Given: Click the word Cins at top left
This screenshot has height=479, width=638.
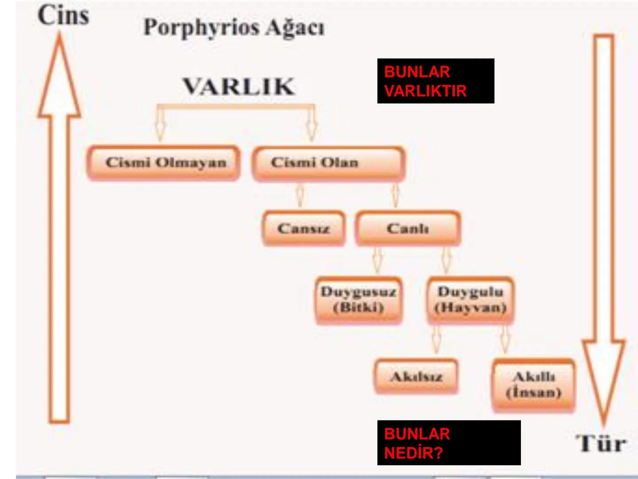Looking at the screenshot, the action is pos(63,16).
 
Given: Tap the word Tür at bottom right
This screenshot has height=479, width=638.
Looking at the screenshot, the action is pos(601,443).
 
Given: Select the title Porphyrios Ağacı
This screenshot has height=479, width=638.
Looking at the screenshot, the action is pos(234,27).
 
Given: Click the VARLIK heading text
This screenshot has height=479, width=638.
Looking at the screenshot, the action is pos(239,86).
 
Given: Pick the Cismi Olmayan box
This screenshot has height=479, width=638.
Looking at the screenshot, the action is pos(164,162).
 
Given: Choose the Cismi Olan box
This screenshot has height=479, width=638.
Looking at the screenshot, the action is pos(328,163).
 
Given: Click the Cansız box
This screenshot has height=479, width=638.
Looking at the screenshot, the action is pos(303,228).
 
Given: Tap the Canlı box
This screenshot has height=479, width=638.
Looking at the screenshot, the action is pos(408,228).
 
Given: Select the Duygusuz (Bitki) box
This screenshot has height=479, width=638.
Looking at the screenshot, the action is pos(358,299).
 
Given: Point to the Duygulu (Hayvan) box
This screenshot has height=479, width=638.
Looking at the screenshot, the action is pos(470,299).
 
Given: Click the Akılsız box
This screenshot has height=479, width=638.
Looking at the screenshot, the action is pos(416,377).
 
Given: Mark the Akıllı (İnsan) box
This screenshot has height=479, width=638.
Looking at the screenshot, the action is pos(533,385).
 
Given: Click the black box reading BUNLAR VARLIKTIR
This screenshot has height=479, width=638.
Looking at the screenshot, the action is pos(436,81).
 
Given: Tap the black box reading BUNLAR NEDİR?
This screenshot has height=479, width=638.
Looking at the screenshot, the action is pos(449,443).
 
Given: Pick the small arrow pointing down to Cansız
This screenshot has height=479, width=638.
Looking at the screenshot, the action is pos(300,195).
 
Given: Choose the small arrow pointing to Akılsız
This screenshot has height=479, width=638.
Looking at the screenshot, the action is pos(436,339).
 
